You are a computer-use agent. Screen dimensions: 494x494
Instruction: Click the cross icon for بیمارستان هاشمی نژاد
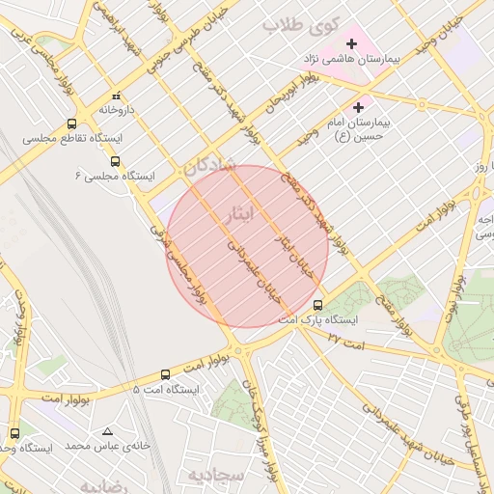tap(351, 43)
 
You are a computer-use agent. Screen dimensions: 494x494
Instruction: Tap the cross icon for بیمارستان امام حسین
tap(360, 107)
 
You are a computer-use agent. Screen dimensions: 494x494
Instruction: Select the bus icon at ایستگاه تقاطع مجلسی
tap(72, 123)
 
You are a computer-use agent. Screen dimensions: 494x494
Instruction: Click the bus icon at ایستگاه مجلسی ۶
tap(116, 161)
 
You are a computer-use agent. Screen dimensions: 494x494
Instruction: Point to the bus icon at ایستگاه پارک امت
tap(318, 305)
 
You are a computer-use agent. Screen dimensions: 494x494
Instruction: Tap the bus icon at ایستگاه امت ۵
tap(165, 374)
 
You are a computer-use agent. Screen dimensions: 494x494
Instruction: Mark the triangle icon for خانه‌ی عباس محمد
tap(106, 432)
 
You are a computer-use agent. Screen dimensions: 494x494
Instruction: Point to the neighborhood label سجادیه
tap(212, 476)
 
